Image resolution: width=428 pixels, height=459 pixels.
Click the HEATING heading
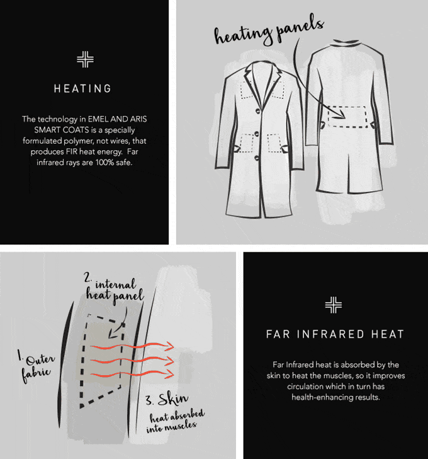coord(82,88)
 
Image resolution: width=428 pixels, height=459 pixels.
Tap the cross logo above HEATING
coord(86,59)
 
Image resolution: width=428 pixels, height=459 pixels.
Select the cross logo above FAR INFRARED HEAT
coord(334,305)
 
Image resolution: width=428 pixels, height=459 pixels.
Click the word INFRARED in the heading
coord(330,334)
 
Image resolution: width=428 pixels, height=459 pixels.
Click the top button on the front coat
coord(258,111)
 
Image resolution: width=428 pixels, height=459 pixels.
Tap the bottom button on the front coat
coord(257,158)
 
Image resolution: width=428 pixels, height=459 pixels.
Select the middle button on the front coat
coord(257,134)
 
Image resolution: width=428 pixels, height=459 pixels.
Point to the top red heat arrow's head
coord(169,346)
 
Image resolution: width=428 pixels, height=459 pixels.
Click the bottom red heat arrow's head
coord(169,374)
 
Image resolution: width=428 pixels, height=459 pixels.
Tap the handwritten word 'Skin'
coord(173,398)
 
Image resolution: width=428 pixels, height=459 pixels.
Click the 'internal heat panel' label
coord(114,290)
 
